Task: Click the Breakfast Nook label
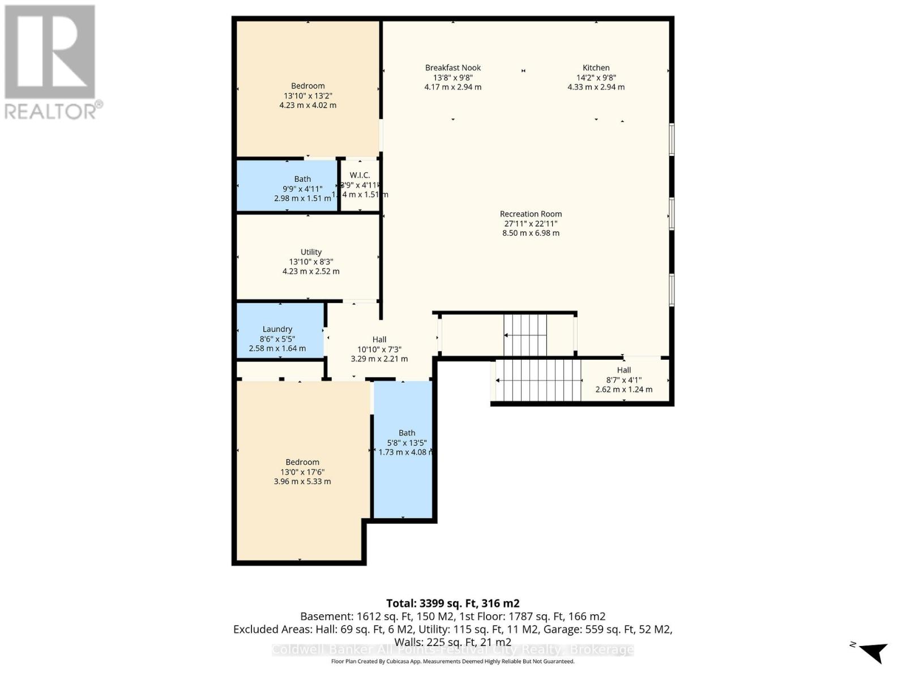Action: (x=453, y=68)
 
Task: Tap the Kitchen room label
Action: (x=596, y=68)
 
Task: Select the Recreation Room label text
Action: (x=531, y=214)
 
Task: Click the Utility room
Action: (x=310, y=261)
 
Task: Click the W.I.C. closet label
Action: (x=360, y=176)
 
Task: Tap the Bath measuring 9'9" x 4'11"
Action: (x=302, y=188)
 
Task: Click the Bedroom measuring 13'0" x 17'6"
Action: (x=302, y=471)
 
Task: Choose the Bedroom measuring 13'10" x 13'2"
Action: (x=307, y=95)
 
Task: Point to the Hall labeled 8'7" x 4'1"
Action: (x=623, y=379)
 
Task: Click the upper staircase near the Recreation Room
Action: (x=525, y=335)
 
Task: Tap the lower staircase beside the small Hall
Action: (x=539, y=380)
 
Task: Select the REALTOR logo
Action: (x=51, y=62)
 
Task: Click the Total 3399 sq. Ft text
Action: (x=452, y=603)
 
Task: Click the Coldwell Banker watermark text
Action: (x=452, y=650)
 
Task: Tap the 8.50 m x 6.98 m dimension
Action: (x=531, y=233)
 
